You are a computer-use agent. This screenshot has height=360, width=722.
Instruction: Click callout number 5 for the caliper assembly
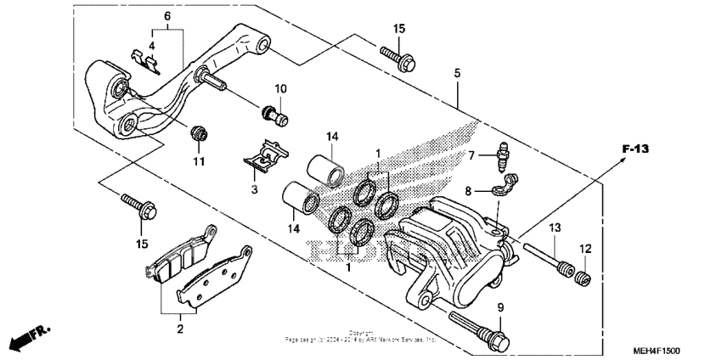click(457, 74)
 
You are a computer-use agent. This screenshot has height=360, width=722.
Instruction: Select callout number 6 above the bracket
click(166, 16)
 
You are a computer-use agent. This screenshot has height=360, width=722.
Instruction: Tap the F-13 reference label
click(635, 149)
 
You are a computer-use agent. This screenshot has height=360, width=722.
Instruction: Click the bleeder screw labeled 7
click(503, 155)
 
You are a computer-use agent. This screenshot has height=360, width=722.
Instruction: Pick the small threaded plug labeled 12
click(583, 277)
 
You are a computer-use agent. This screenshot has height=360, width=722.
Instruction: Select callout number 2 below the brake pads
click(179, 326)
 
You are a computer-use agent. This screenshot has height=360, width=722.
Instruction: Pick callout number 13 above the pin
click(556, 228)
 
